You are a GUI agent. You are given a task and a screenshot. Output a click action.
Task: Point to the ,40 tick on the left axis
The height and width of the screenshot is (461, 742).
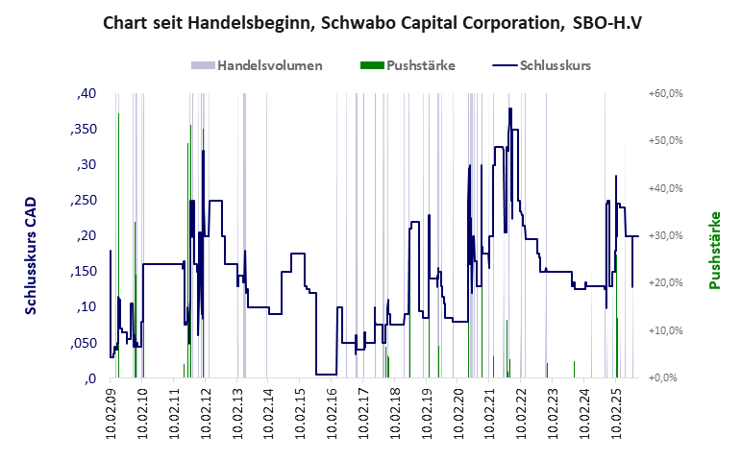click(86, 94)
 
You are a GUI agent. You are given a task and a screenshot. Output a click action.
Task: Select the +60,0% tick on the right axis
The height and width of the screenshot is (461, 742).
click(665, 94)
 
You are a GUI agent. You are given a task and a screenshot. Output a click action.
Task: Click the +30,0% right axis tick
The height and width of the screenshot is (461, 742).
click(665, 236)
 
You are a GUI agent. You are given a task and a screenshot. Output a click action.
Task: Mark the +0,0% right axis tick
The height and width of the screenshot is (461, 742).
click(667, 378)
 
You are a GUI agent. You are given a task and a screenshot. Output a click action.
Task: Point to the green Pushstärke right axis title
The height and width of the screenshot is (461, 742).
click(714, 252)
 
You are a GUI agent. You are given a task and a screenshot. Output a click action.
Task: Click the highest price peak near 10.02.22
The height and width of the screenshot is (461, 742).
click(510, 109)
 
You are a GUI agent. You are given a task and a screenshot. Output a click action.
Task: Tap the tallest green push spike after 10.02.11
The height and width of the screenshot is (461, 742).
click(190, 126)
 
